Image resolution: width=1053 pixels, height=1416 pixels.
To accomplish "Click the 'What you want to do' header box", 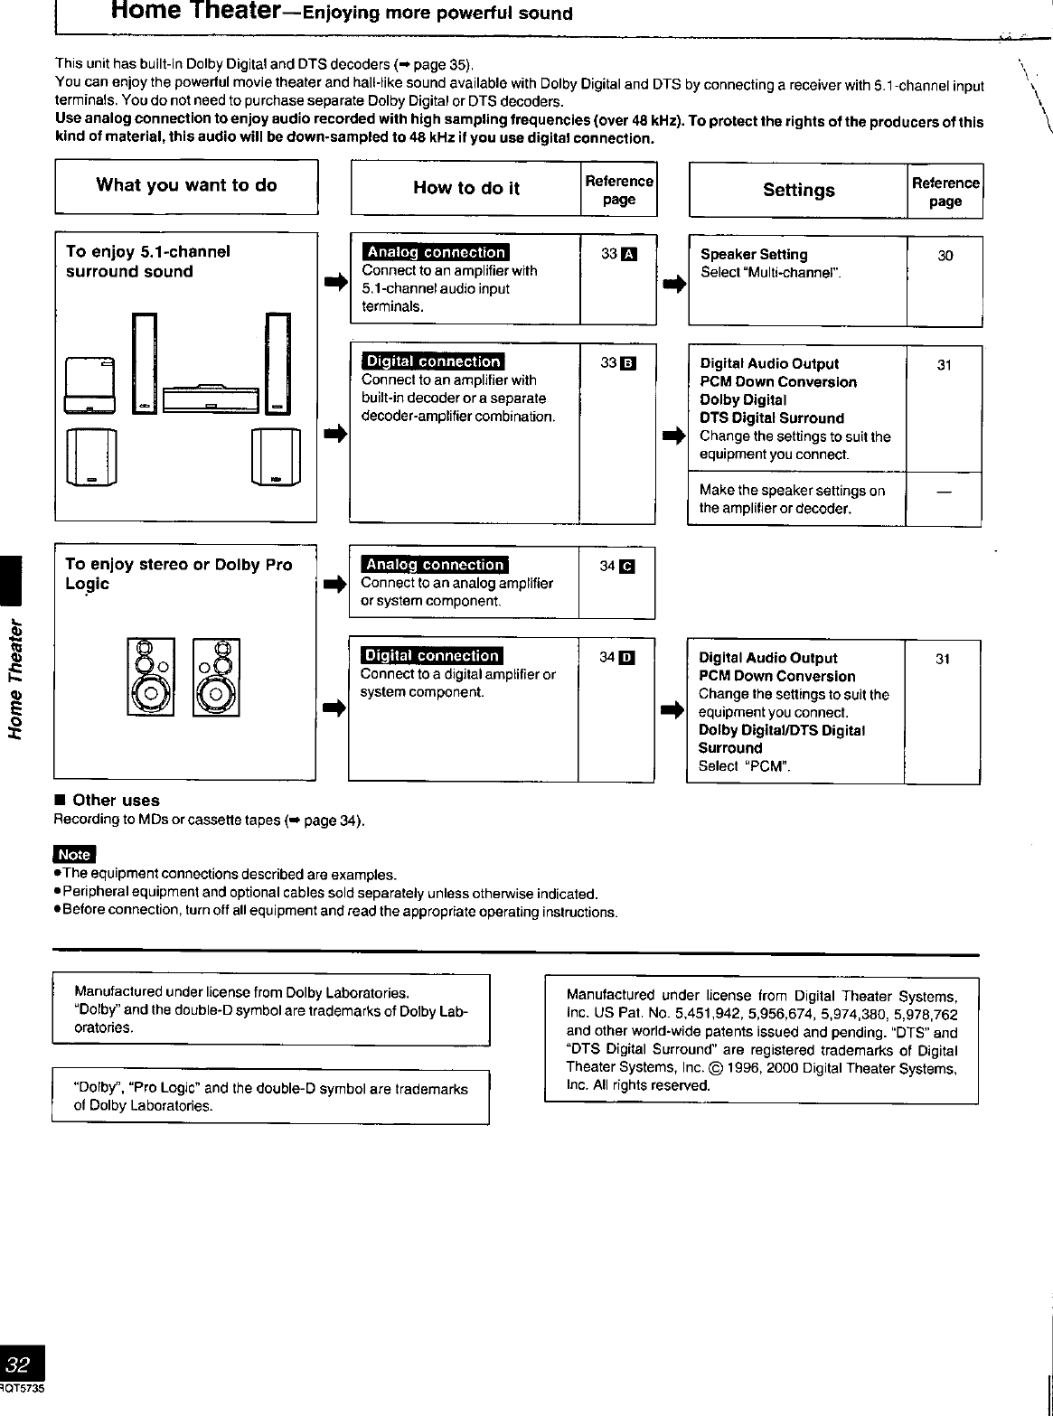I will pyautogui.click(x=186, y=186).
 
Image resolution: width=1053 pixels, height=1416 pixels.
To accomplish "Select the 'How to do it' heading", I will pyautogui.click(x=465, y=189).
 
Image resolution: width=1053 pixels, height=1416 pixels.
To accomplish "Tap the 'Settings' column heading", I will pyautogui.click(x=798, y=191).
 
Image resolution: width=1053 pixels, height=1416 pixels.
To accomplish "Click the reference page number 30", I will pyautogui.click(x=945, y=256).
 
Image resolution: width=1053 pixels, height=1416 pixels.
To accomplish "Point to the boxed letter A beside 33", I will pyautogui.click(x=630, y=254).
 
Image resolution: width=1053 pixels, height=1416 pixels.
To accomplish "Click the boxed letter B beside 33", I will pyautogui.click(x=630, y=364).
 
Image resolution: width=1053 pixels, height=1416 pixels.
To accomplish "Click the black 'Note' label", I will pyautogui.click(x=74, y=855).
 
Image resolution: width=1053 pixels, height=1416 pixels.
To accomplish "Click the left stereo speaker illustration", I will pyautogui.click(x=151, y=678).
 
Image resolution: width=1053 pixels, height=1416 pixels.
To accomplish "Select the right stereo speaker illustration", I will pyautogui.click(x=217, y=678).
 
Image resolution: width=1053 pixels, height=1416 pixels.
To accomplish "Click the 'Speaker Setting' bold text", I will pyautogui.click(x=754, y=255).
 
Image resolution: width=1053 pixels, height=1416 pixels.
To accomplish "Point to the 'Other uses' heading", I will pyautogui.click(x=115, y=801).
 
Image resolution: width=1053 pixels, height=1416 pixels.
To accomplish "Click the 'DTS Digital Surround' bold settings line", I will pyautogui.click(x=772, y=418).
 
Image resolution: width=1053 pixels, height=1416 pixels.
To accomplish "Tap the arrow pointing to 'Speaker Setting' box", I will pyautogui.click(x=672, y=285).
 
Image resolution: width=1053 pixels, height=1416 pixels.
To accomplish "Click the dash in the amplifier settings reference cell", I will pyautogui.click(x=944, y=492).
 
